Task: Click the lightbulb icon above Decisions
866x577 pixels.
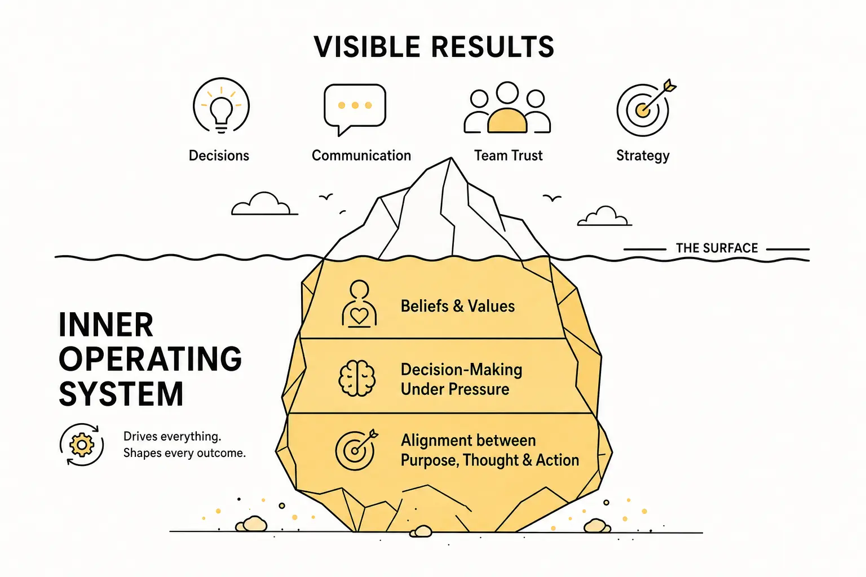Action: pos(221,105)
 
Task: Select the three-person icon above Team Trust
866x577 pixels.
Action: pos(507,108)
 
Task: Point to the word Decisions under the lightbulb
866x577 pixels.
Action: pos(219,156)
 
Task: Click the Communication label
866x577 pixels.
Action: pos(361,156)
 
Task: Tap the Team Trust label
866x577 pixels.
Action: pos(509,156)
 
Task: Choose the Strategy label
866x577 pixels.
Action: pos(643,156)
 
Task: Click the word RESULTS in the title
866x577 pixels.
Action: pos(493,47)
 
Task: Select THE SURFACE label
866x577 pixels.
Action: pos(717,248)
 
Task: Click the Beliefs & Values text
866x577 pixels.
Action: pos(458,306)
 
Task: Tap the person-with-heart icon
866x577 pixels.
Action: pos(359,304)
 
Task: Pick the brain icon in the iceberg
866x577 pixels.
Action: pos(356,378)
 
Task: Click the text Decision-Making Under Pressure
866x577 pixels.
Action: pos(461,379)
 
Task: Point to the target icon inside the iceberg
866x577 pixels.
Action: pos(356,449)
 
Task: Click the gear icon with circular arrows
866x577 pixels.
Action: pos(82,445)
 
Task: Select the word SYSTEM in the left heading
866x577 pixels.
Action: pos(121,394)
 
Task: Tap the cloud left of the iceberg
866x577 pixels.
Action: pos(264,203)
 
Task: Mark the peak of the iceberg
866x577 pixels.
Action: pos(451,158)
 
